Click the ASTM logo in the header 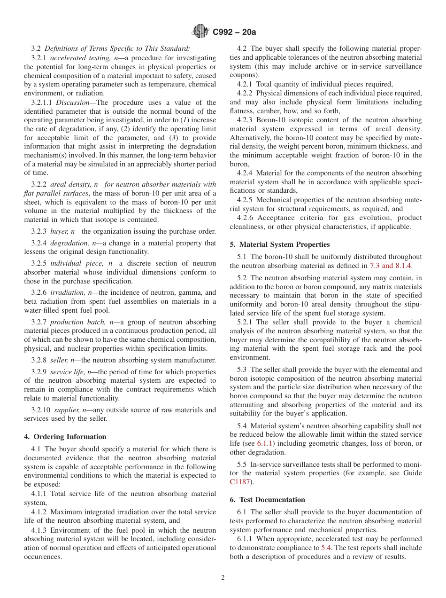pos(201,32)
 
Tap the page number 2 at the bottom pos(223,578)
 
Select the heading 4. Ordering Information pos(65,437)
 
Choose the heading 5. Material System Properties pos(280,244)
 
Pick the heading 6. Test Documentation pos(268,500)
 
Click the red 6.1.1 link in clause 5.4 pos(265,443)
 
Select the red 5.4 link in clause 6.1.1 pos(325,548)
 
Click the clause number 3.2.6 pos(39,292)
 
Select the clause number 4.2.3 pos(245,120)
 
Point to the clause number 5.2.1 pos(245,322)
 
